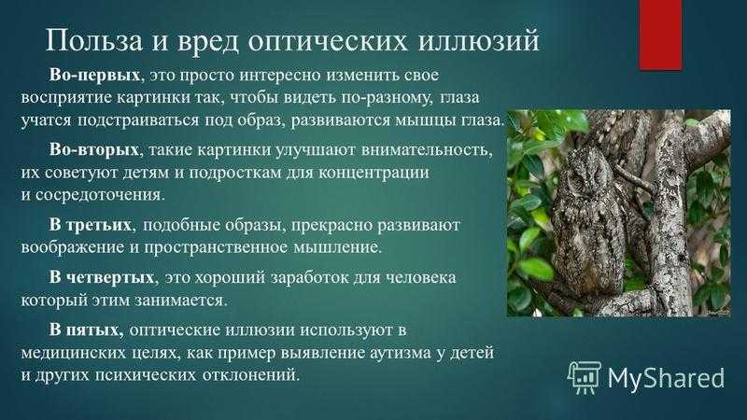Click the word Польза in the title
tap(94, 40)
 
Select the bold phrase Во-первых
tap(94, 76)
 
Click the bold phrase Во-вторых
tap(94, 149)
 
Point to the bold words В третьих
tap(90, 225)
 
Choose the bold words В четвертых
tap(102, 277)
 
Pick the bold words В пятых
tap(86, 329)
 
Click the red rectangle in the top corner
tap(660, 35)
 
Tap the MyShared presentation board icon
tap(585, 378)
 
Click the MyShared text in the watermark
tap(666, 378)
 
